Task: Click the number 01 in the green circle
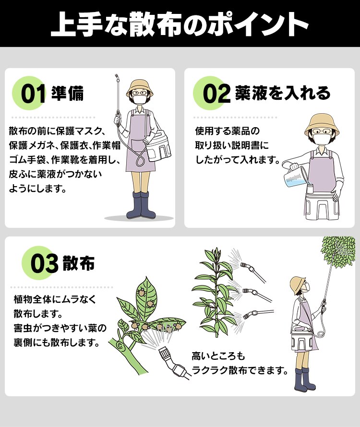[x=33, y=94]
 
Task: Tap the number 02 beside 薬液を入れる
[x=216, y=94]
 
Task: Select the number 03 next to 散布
[x=45, y=263]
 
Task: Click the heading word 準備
[x=67, y=93]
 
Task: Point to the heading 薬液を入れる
[x=283, y=93]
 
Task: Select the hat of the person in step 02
[x=322, y=125]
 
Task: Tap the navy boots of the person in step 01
[x=141, y=205]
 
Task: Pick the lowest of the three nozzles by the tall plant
[x=249, y=315]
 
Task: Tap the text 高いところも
[x=218, y=356]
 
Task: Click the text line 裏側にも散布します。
[x=57, y=342]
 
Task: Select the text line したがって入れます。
[x=238, y=160]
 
